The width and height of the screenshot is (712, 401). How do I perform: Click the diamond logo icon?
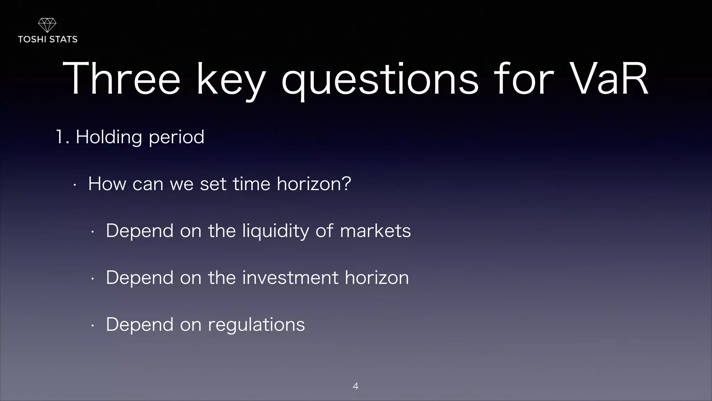click(47, 25)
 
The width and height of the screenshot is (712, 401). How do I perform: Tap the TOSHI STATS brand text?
click(48, 39)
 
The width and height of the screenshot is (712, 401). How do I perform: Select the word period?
click(176, 137)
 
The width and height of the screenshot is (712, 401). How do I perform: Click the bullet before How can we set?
click(75, 185)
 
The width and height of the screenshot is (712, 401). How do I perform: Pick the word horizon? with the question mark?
click(314, 183)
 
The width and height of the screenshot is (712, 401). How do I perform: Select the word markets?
click(375, 231)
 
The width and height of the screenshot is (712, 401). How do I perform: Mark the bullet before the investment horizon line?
click(92, 279)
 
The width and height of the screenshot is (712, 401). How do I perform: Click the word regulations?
click(256, 325)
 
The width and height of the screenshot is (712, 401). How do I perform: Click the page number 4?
click(356, 386)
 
